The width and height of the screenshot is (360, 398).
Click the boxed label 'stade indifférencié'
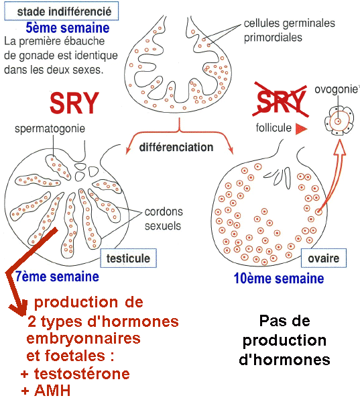(x=62, y=11)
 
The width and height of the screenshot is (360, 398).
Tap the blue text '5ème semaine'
(x=68, y=28)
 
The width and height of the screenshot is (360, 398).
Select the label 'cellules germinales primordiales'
(x=289, y=30)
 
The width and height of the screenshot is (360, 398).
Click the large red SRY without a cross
(x=74, y=103)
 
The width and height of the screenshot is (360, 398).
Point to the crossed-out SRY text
(x=281, y=101)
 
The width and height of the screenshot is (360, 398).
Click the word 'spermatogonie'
(x=50, y=129)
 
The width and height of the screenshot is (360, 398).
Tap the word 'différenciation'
(x=176, y=147)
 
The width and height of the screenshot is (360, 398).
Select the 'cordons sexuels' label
(x=164, y=219)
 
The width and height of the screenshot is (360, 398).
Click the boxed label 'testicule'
(x=128, y=258)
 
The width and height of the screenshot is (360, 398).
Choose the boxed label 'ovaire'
(x=324, y=258)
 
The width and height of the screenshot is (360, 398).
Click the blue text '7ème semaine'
(x=57, y=277)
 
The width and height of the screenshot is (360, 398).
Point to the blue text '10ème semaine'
(x=279, y=279)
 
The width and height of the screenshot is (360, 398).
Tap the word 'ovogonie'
(x=337, y=89)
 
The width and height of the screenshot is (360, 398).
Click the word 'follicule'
(x=274, y=128)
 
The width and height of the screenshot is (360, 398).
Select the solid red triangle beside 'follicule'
(x=301, y=129)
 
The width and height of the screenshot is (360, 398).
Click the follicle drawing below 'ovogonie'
(x=339, y=121)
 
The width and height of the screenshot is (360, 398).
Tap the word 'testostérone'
(x=82, y=374)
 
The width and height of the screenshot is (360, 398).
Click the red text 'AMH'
(x=52, y=391)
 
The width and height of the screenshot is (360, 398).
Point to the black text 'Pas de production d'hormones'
(x=284, y=340)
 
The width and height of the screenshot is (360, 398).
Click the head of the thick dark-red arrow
(x=19, y=307)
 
